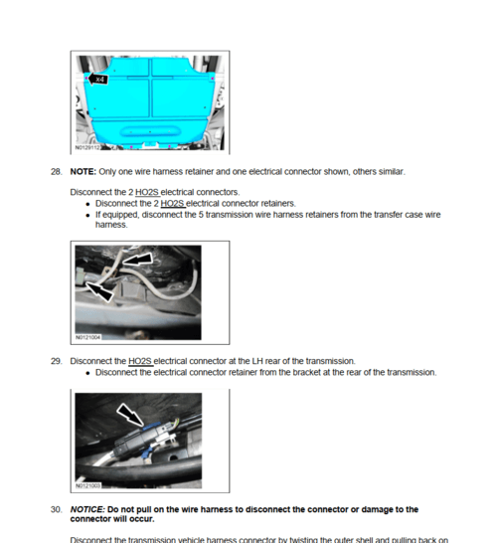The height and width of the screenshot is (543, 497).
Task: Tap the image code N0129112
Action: (x=87, y=147)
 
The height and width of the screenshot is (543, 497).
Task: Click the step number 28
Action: (x=57, y=171)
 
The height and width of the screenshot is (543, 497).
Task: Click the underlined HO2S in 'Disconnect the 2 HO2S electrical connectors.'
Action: (x=146, y=192)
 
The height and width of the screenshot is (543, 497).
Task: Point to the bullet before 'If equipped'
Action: (x=88, y=214)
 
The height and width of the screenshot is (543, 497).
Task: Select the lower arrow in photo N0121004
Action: (x=99, y=290)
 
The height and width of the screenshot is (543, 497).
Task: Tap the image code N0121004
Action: (x=87, y=337)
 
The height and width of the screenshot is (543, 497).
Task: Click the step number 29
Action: (x=57, y=361)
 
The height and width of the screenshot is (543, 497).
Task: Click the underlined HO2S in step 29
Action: (x=139, y=361)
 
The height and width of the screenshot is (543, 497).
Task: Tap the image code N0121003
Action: (x=87, y=486)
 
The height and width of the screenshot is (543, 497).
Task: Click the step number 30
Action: (x=57, y=509)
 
